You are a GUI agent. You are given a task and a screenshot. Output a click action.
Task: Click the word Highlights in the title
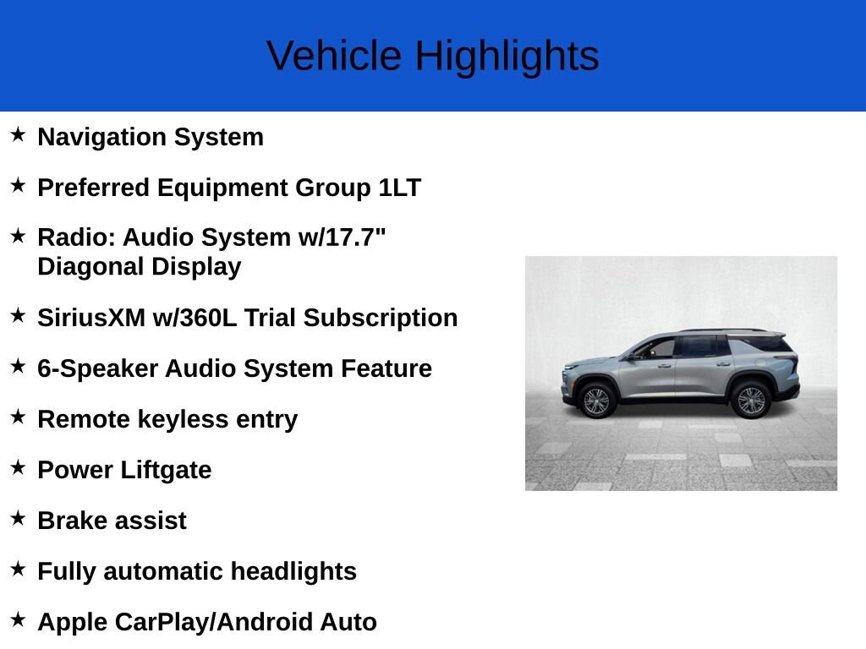click(507, 57)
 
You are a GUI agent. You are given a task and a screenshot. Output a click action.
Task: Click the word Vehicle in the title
click(334, 56)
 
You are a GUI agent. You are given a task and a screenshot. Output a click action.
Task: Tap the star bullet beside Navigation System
click(18, 134)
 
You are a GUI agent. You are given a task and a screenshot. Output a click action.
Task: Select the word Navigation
click(102, 138)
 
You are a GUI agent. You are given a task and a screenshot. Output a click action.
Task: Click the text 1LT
click(400, 188)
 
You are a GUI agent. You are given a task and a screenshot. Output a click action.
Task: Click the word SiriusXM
click(91, 318)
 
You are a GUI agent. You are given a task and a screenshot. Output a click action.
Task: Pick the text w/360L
click(195, 318)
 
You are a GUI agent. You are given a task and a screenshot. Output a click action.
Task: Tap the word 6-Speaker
click(98, 368)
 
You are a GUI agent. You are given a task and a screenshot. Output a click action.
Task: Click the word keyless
click(183, 420)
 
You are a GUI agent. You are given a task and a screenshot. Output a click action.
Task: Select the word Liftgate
click(166, 471)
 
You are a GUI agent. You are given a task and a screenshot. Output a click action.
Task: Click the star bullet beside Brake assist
click(18, 518)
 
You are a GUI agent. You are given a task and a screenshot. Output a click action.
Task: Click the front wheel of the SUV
click(597, 400)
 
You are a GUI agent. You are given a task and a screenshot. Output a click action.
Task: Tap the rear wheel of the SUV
click(751, 400)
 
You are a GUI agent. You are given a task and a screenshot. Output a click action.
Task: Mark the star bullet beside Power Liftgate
click(18, 466)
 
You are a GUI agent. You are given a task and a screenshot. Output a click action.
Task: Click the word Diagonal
click(91, 266)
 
